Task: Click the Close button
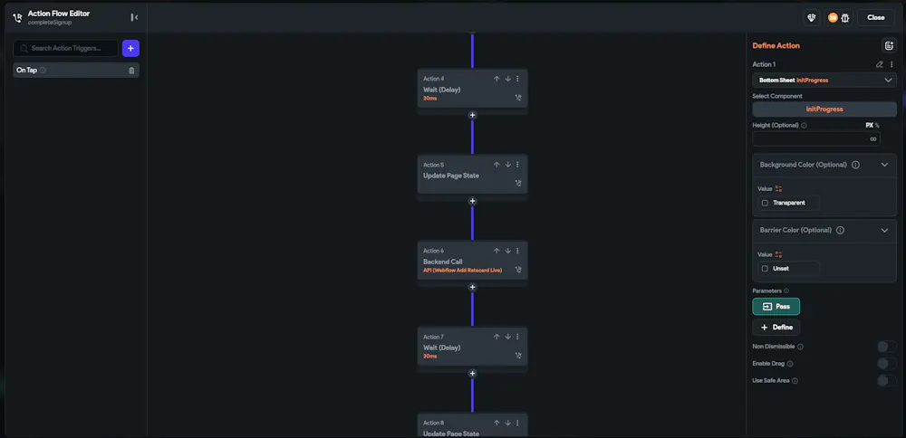coord(875,17)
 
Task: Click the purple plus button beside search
coord(130,48)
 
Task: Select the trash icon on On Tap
coord(131,71)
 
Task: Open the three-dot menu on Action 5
coord(517,165)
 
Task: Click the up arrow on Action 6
coord(496,251)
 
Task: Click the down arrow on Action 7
coord(507,337)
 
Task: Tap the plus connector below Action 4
coord(472,116)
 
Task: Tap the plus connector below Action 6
coord(472,287)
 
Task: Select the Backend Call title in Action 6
coord(443,262)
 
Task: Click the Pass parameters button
coord(776,307)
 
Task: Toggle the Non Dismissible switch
coord(886,346)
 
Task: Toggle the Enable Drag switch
coord(886,363)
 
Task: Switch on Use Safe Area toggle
coord(886,380)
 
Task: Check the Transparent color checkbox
coord(766,203)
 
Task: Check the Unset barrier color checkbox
coord(766,269)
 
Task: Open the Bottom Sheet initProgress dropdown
coord(824,80)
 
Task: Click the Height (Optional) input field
coord(809,139)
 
